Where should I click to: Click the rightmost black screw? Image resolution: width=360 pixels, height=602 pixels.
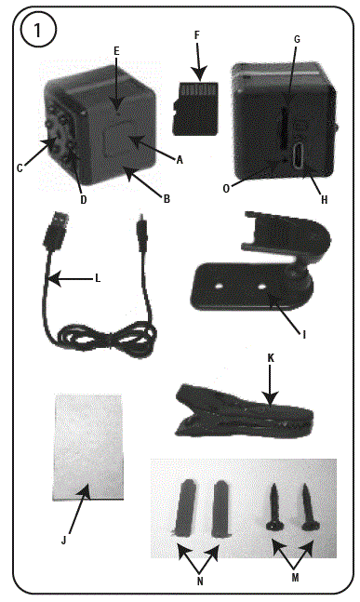[x=309, y=512]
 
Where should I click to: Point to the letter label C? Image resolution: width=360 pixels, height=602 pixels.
[x=19, y=167]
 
